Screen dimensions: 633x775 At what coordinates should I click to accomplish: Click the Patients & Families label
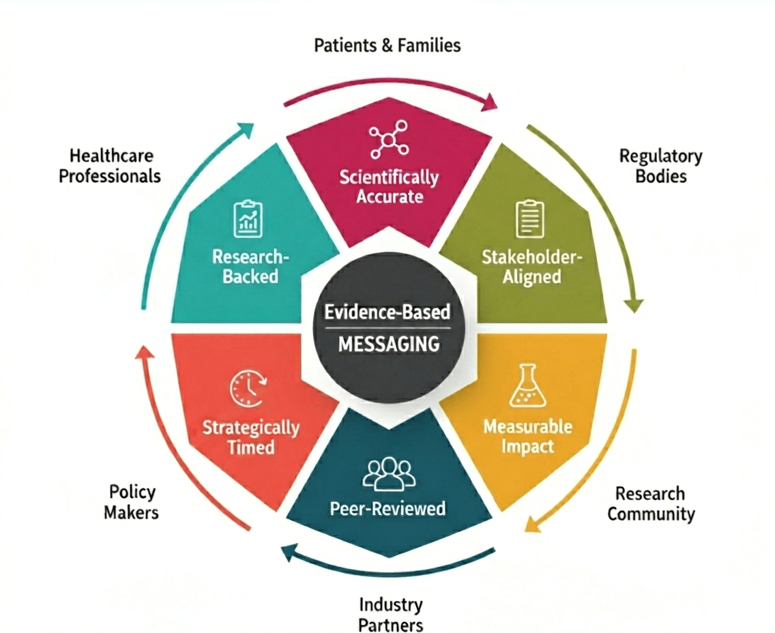pos(387,46)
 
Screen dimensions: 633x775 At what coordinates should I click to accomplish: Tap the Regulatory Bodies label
pos(660,166)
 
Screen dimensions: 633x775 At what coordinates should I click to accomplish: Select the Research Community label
pos(650,503)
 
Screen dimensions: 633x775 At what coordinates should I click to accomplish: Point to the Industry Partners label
pos(391,614)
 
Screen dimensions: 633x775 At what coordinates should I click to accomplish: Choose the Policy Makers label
pos(132,501)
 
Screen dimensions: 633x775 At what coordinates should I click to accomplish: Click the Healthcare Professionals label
pos(110,166)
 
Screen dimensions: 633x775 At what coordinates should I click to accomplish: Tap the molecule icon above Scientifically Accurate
pos(388,139)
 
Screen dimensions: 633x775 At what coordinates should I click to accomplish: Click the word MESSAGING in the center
pos(389,344)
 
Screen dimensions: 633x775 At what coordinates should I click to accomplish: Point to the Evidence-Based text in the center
pos(387,312)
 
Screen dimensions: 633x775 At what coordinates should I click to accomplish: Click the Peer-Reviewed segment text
pos(387,509)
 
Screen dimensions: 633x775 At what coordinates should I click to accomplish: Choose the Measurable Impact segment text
pos(527,437)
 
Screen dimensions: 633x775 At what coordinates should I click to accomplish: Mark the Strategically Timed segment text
pos(250,438)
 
